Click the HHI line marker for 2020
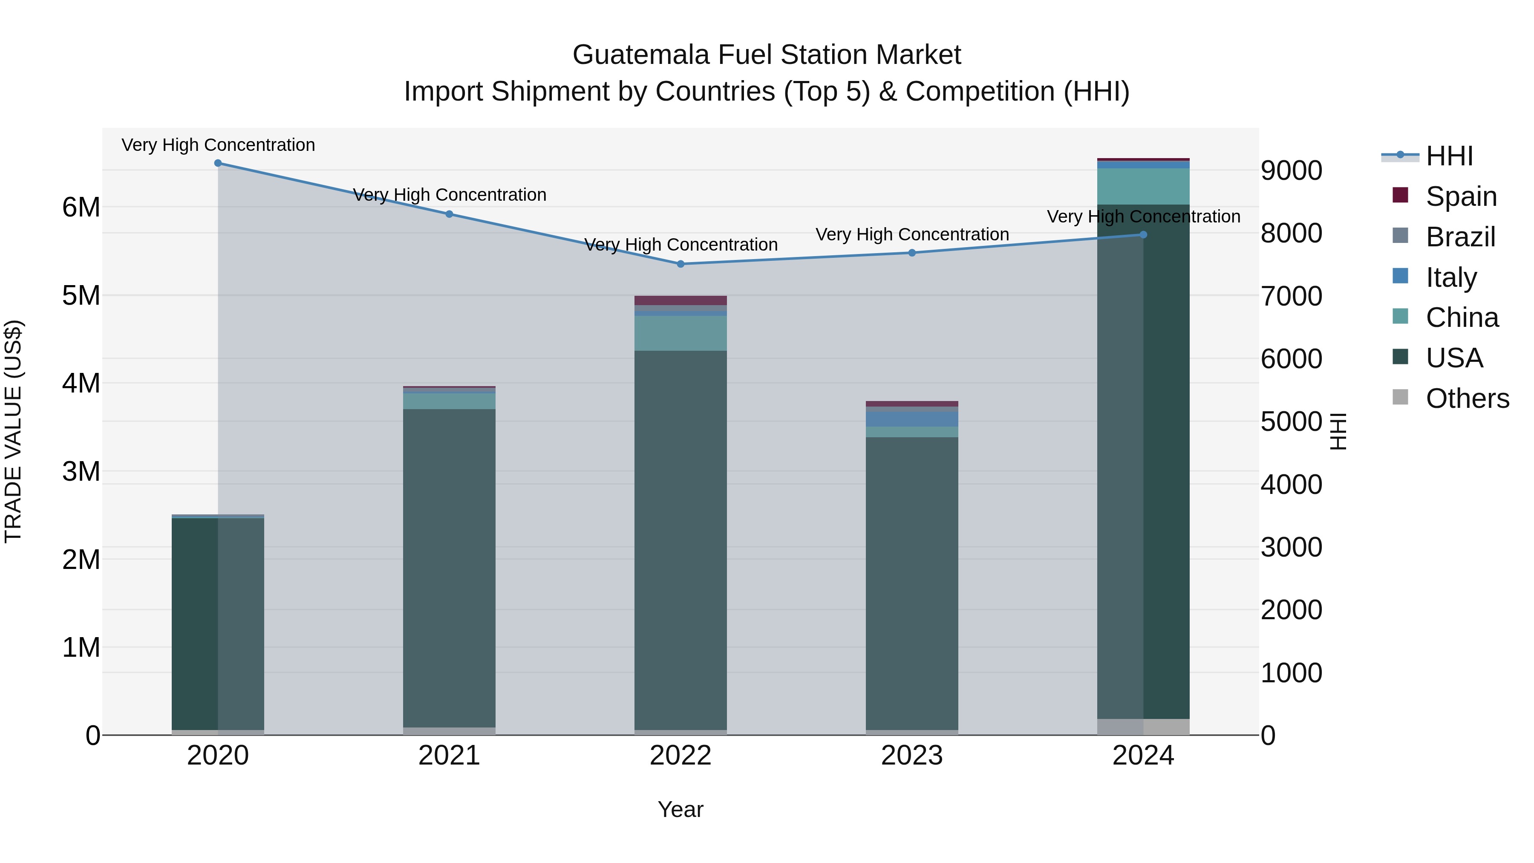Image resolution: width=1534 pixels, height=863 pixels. point(218,163)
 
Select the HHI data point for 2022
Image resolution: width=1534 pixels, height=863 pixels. point(680,264)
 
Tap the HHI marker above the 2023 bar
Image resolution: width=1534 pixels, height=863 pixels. point(912,253)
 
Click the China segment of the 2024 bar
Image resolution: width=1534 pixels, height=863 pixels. point(1143,186)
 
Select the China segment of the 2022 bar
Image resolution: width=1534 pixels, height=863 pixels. point(680,333)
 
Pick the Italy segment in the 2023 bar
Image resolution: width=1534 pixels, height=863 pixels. point(912,419)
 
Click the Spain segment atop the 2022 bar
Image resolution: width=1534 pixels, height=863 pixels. point(680,300)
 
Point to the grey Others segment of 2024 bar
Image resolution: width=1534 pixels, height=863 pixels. point(1143,727)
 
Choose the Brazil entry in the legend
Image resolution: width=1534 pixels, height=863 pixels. point(1460,237)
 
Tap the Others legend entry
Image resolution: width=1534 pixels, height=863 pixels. point(1467,398)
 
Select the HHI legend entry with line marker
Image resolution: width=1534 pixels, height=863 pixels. point(1448,156)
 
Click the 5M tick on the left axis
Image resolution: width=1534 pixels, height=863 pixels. point(81,295)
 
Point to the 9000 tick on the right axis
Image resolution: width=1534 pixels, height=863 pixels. point(1291,170)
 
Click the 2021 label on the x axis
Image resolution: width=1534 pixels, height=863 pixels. point(449,756)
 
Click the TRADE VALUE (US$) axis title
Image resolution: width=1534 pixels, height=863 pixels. point(13,431)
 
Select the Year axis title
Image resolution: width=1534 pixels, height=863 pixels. point(680,809)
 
